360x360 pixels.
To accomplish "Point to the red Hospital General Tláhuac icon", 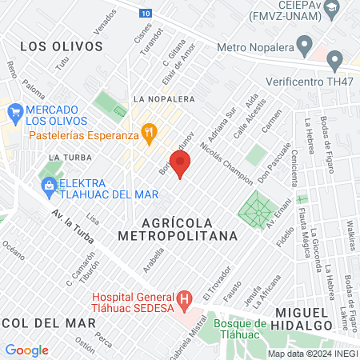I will coord(185,301).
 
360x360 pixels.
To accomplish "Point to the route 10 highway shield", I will coord(143,14).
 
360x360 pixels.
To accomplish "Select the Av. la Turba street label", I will coord(73,227).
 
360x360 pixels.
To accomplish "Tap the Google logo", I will coord(26,350).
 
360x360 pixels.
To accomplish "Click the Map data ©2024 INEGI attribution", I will coord(311,353).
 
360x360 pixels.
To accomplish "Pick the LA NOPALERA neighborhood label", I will coord(165,99).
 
